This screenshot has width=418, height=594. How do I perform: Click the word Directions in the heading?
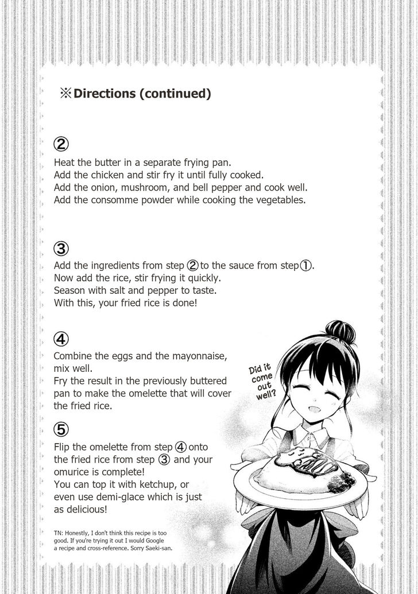pyautogui.click(x=104, y=94)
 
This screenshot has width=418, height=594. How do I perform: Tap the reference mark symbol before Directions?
pyautogui.click(x=63, y=94)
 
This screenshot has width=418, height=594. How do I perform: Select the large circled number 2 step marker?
pyautogui.click(x=61, y=143)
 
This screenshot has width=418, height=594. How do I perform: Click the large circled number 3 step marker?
pyautogui.click(x=61, y=249)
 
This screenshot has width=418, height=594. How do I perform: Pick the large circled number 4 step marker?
pyautogui.click(x=61, y=339)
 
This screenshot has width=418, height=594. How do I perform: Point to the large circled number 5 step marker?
pyautogui.click(x=61, y=428)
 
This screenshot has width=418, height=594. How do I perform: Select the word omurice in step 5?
pyautogui.click(x=72, y=472)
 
